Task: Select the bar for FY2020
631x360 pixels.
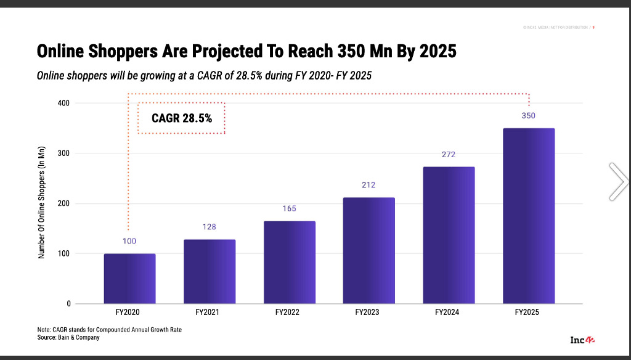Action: coord(129,279)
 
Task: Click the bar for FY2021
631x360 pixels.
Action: coord(210,271)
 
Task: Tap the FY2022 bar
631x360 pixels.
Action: coord(289,262)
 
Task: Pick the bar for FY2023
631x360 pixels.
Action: coord(368,250)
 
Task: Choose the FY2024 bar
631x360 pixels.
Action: coord(449,235)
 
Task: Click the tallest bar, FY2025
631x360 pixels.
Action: coord(529,216)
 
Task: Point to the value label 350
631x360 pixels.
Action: coord(529,115)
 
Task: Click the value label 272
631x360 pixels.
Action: coord(449,154)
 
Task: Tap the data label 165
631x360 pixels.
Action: coord(289,208)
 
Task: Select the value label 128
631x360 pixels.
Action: coord(210,227)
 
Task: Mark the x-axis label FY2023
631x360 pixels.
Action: coord(368,313)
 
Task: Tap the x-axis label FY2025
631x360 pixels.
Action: coord(528,313)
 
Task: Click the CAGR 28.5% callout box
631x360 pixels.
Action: coord(181,118)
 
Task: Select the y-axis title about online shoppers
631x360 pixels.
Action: coord(42,204)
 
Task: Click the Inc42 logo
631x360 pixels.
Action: coord(582,340)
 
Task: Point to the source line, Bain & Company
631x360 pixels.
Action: coord(68,338)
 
